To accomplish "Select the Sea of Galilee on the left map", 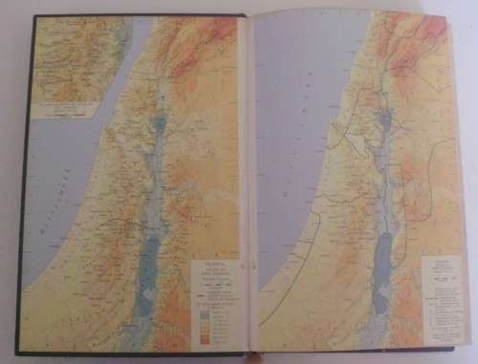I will pos(159,125).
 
